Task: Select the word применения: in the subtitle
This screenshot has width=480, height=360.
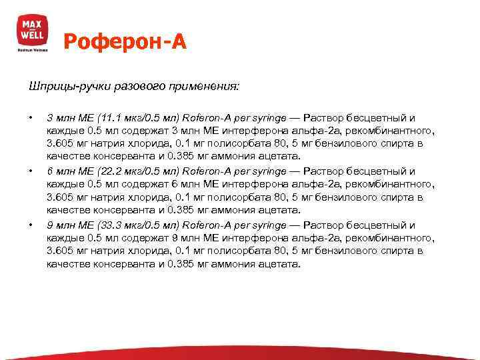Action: click(212, 87)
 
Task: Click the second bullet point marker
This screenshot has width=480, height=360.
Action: click(31, 171)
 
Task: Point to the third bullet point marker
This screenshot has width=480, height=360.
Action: click(31, 225)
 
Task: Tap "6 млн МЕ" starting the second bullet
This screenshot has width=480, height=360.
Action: click(68, 171)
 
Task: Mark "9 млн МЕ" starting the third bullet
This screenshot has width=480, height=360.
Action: click(68, 225)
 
